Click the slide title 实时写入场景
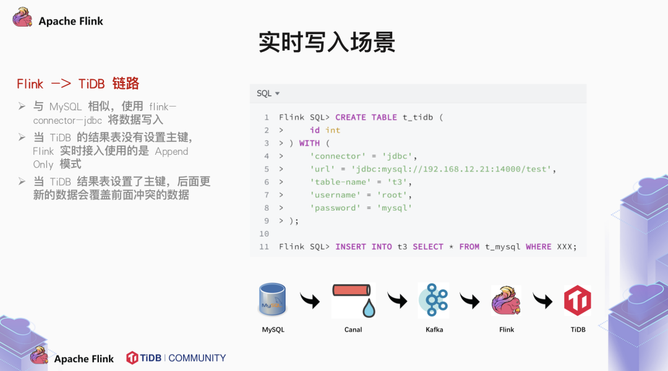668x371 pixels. coord(327,43)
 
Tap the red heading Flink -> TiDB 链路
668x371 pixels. coord(77,84)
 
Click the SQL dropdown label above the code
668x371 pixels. coord(268,94)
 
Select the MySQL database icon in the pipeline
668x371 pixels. coord(273,300)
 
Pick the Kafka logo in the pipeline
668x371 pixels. coord(433,300)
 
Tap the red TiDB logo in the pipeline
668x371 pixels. coord(578,300)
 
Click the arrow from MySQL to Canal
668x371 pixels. coord(310,300)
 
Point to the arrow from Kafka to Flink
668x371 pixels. coord(469,300)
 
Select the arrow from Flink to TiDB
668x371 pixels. coord(542,300)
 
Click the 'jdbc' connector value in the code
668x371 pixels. coord(400,156)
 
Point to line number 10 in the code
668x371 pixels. coord(264,234)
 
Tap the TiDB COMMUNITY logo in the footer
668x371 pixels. coord(176,358)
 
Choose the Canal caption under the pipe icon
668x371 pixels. coord(353,330)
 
